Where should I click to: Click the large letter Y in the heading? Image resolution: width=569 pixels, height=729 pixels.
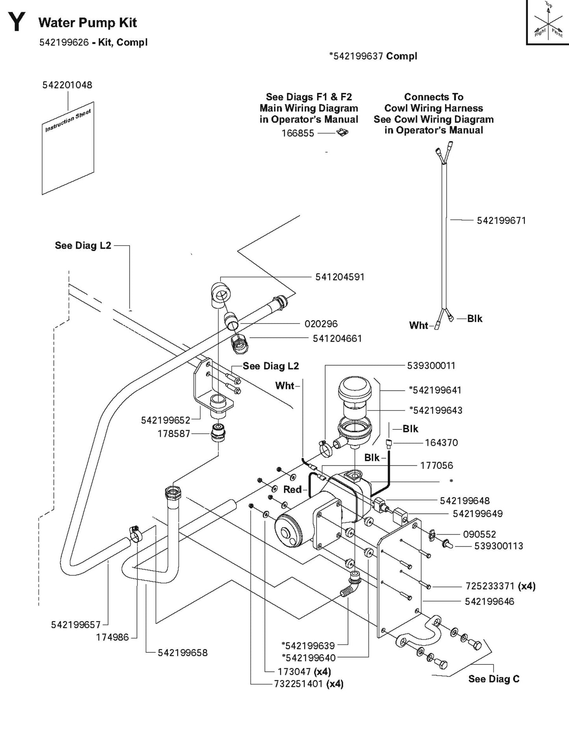click(x=17, y=22)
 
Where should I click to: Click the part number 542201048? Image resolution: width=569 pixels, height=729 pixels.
click(x=67, y=85)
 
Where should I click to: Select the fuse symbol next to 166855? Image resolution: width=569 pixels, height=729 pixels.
click(x=343, y=133)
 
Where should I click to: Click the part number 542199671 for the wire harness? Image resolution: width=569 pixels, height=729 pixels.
click(x=501, y=221)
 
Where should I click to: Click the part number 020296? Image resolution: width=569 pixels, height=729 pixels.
click(x=321, y=324)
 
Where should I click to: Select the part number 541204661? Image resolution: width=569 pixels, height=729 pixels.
click(x=337, y=339)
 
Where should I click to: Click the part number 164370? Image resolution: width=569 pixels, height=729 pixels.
click(x=441, y=443)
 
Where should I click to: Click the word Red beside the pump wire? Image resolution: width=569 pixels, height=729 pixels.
click(x=293, y=490)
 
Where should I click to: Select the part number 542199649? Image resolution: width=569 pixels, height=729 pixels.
click(x=477, y=514)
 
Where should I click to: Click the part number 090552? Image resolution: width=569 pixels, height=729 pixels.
click(x=479, y=535)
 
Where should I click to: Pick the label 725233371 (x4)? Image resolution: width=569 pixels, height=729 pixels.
click(x=500, y=586)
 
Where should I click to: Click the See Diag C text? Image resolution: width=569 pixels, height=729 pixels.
click(x=494, y=679)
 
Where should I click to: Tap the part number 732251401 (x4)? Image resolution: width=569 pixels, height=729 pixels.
click(x=309, y=684)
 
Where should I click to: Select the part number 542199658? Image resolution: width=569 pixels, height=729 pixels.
click(x=182, y=653)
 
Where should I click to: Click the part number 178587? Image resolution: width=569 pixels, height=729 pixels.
click(x=174, y=434)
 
